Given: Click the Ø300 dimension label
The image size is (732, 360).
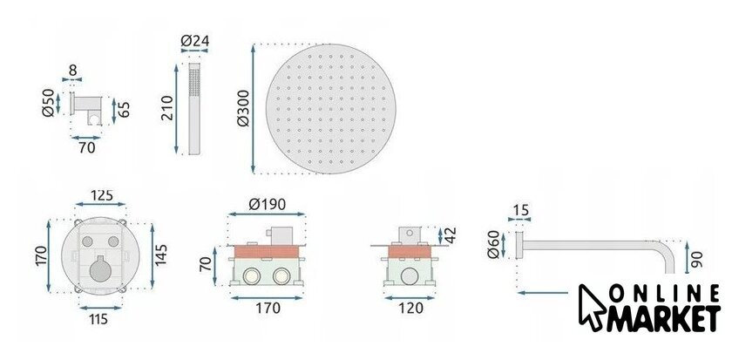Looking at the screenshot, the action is tap(243, 108).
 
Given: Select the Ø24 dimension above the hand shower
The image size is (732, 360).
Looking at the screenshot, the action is tap(194, 41).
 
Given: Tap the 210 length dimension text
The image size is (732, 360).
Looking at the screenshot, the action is tap(167, 108).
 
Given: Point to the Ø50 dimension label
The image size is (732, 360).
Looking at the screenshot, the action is tap(48, 103).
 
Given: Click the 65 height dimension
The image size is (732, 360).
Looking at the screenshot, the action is tap(124, 109).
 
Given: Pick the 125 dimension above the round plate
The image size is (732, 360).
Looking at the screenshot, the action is tap(101, 194).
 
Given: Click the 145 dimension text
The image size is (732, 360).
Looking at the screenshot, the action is tap(161, 255).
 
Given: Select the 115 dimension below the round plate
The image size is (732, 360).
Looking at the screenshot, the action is tap(99, 319).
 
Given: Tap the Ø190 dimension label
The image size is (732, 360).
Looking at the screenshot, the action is tap(267, 204).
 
